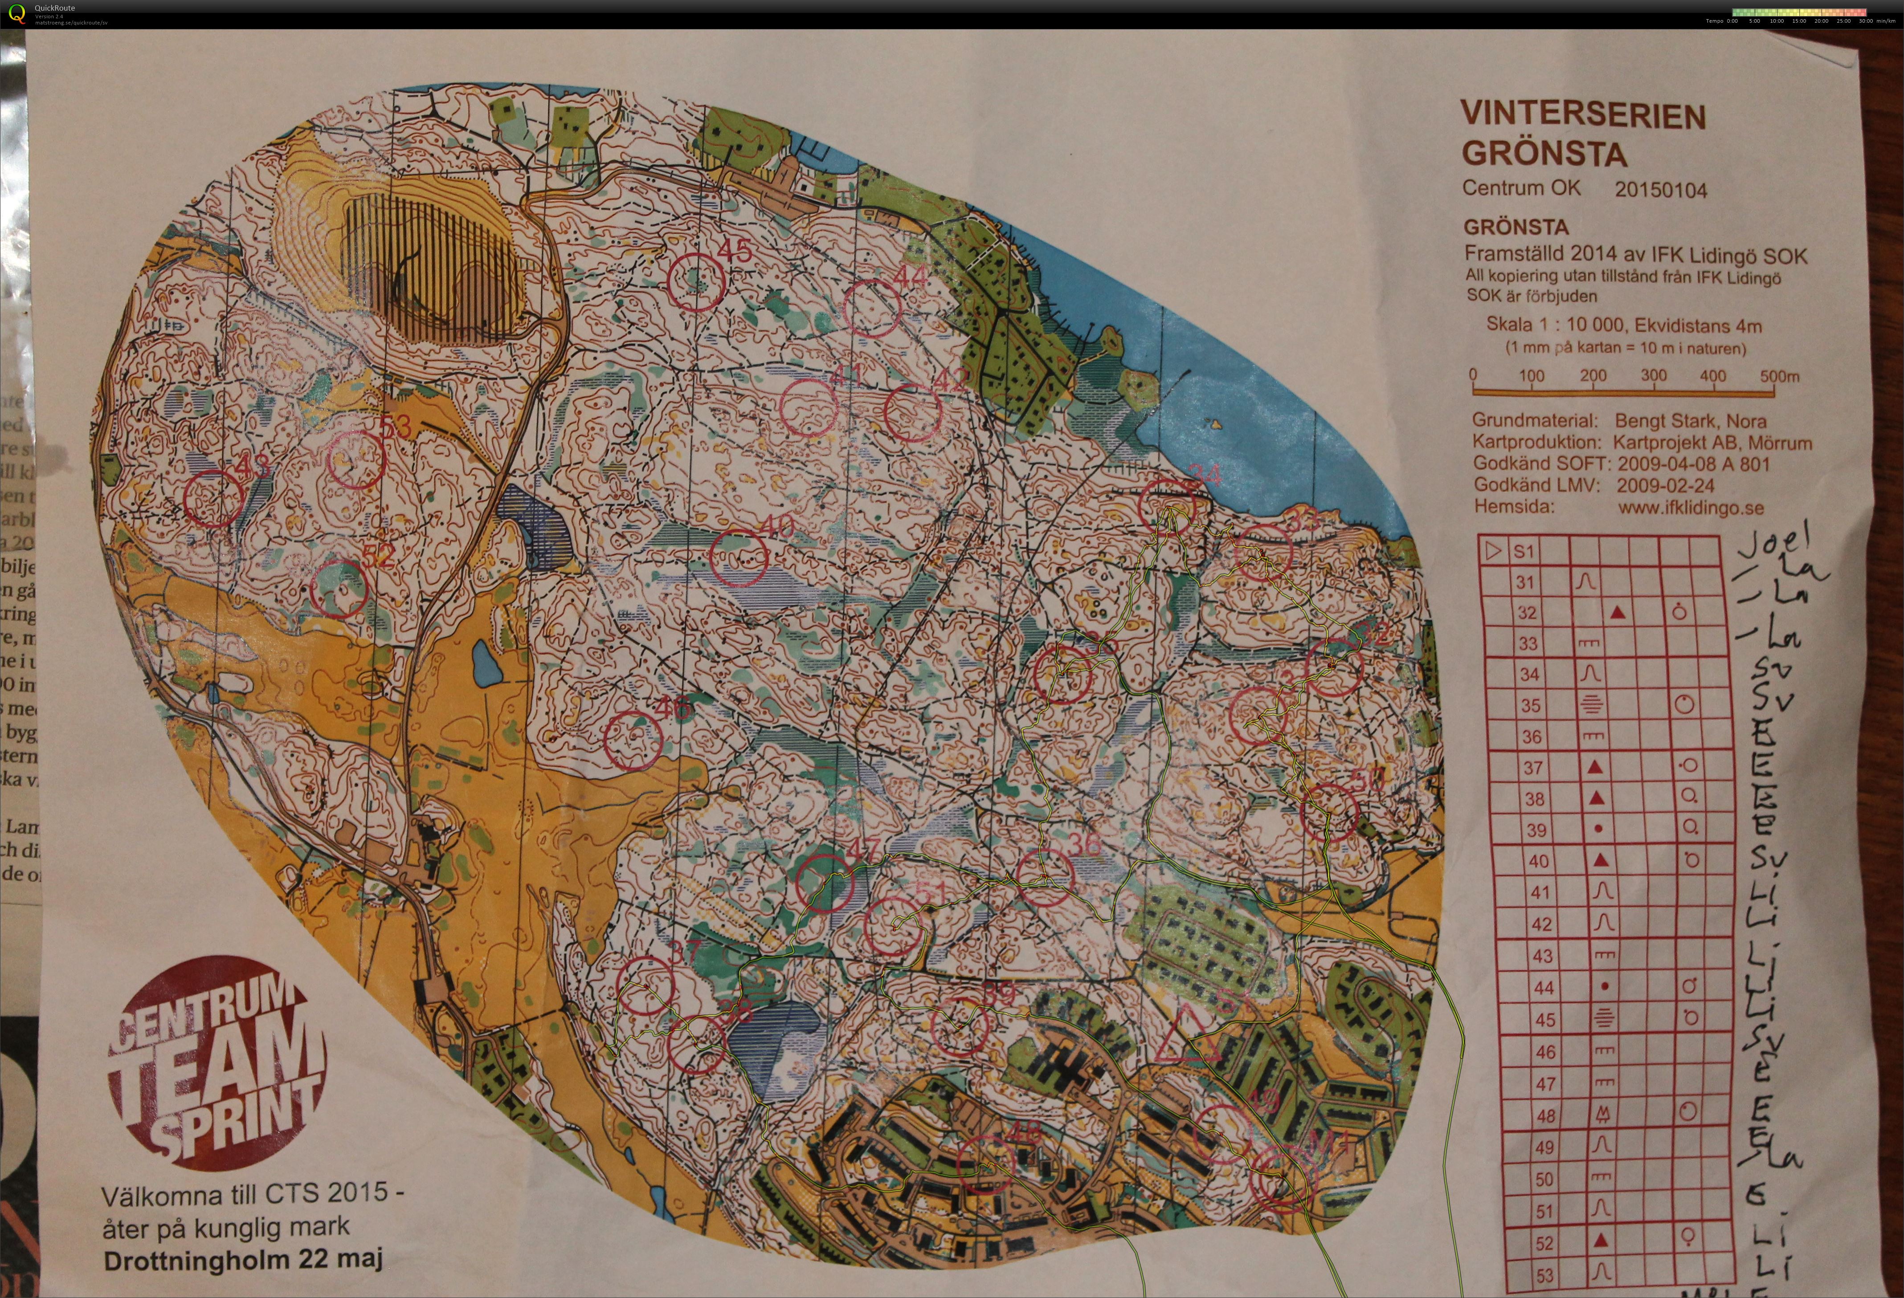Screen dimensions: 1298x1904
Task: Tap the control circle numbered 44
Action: coord(873,308)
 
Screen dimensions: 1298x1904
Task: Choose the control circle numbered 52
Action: coord(340,589)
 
